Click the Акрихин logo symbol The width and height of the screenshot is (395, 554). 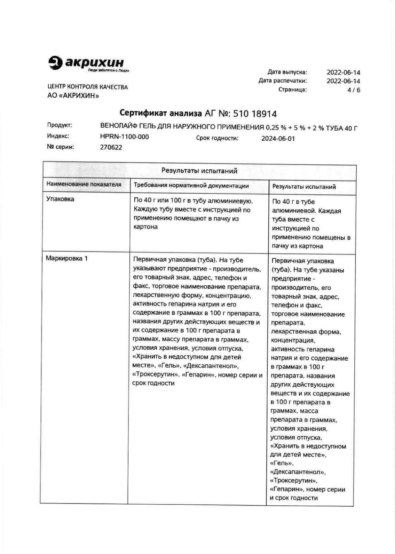55,63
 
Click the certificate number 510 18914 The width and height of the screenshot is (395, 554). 255,114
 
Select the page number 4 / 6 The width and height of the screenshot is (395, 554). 354,90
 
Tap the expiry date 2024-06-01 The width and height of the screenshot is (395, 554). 278,139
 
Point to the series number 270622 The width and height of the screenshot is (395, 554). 111,148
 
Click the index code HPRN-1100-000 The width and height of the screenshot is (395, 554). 124,137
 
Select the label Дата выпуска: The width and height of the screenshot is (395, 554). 287,72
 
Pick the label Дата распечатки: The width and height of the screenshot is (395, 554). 283,81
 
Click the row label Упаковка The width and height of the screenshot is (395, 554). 60,199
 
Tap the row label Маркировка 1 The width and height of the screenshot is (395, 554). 67,258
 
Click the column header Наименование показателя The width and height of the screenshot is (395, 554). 84,184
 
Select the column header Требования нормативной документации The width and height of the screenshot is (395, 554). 191,186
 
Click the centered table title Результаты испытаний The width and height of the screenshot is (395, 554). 199,171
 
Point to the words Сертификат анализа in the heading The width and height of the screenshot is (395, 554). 161,113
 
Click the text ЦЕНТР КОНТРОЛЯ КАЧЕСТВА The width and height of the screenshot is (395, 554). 88,87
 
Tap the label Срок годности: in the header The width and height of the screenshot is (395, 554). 217,138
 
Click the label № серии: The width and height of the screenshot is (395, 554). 61,147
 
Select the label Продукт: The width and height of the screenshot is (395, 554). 60,125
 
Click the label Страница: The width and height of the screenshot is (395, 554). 293,89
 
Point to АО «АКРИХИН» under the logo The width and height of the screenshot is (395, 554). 73,96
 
